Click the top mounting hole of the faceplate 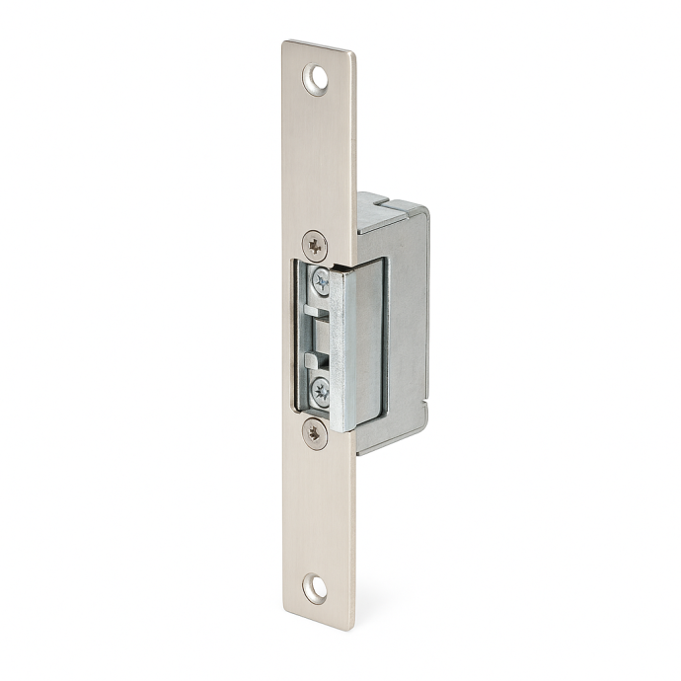[316, 79]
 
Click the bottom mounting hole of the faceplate [316, 587]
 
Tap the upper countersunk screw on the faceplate [315, 243]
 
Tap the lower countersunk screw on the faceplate [315, 431]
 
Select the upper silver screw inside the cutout [322, 281]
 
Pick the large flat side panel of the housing [407, 326]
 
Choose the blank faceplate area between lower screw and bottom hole [316, 508]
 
